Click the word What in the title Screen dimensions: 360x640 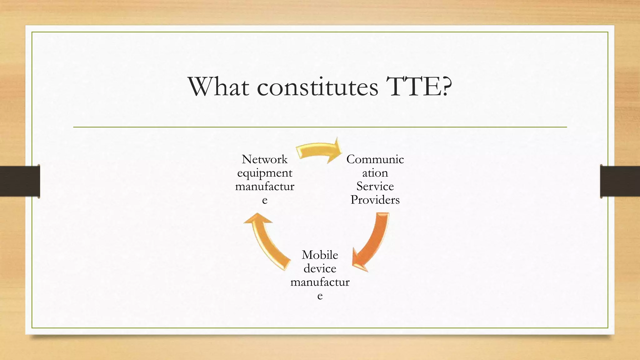218,87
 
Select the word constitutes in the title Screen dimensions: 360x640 317,87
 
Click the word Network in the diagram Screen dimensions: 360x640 264,159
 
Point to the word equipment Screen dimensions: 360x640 264,173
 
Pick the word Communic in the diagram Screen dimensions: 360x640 375,159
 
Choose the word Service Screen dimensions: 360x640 375,186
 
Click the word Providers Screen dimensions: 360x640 375,200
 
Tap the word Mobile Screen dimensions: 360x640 320,255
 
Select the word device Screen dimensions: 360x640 320,268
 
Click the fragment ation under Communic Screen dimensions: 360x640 375,173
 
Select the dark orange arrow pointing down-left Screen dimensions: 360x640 372,241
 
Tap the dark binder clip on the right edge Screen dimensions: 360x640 620,181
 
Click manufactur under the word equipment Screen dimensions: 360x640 264,187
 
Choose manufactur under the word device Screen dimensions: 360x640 320,282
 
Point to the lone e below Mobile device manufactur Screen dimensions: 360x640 320,296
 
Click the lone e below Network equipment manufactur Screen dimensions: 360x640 265,200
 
